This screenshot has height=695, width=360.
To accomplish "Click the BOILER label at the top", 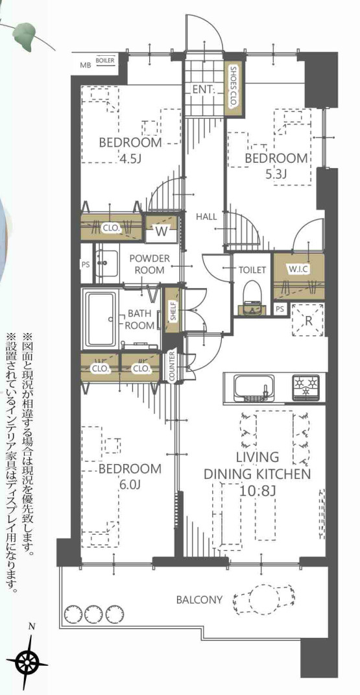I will (105, 60).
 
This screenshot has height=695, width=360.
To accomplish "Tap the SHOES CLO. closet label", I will (233, 87).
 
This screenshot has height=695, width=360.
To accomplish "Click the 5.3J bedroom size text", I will (276, 174).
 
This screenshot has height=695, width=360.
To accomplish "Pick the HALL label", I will (206, 217).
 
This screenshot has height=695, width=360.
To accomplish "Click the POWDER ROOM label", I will (149, 264).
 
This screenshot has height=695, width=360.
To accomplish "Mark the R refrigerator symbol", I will (308, 319).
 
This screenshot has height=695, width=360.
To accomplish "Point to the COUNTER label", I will (173, 367).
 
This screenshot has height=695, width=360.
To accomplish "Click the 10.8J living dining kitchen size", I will (257, 491).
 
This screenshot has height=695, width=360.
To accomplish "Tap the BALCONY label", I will (199, 600).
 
